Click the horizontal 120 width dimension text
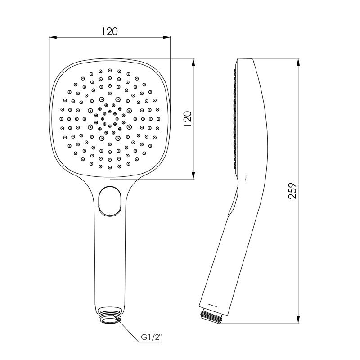coord(109,31)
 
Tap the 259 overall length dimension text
coord(292,191)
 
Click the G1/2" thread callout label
coord(152,337)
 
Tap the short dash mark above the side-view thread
coord(214,305)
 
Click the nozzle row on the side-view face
coord(234,117)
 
